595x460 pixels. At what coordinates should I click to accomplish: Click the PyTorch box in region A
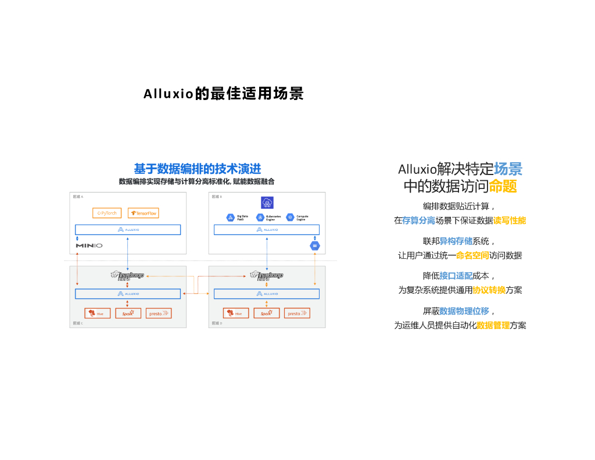click(107, 213)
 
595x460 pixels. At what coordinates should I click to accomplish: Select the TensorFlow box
click(143, 213)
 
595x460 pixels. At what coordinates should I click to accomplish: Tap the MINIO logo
click(89, 246)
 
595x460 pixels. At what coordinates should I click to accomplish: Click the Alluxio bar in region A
click(128, 230)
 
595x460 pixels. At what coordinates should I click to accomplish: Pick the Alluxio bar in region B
click(267, 230)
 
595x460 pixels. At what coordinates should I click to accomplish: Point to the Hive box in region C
click(97, 313)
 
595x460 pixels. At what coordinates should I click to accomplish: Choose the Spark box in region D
click(267, 313)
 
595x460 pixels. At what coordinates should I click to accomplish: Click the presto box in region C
click(159, 313)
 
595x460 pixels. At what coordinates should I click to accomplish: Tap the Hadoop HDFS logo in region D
click(266, 275)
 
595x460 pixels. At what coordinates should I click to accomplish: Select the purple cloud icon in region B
click(267, 202)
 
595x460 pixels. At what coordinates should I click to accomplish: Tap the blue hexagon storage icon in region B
click(315, 246)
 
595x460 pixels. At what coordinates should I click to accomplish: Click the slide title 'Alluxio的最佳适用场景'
click(224, 94)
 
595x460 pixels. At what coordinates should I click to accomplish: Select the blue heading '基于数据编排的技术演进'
click(198, 169)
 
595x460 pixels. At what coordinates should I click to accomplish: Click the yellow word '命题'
click(503, 187)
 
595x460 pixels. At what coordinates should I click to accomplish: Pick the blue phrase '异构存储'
click(456, 241)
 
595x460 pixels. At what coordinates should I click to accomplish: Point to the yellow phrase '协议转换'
click(489, 290)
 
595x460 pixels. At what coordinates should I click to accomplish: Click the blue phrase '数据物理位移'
click(464, 311)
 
